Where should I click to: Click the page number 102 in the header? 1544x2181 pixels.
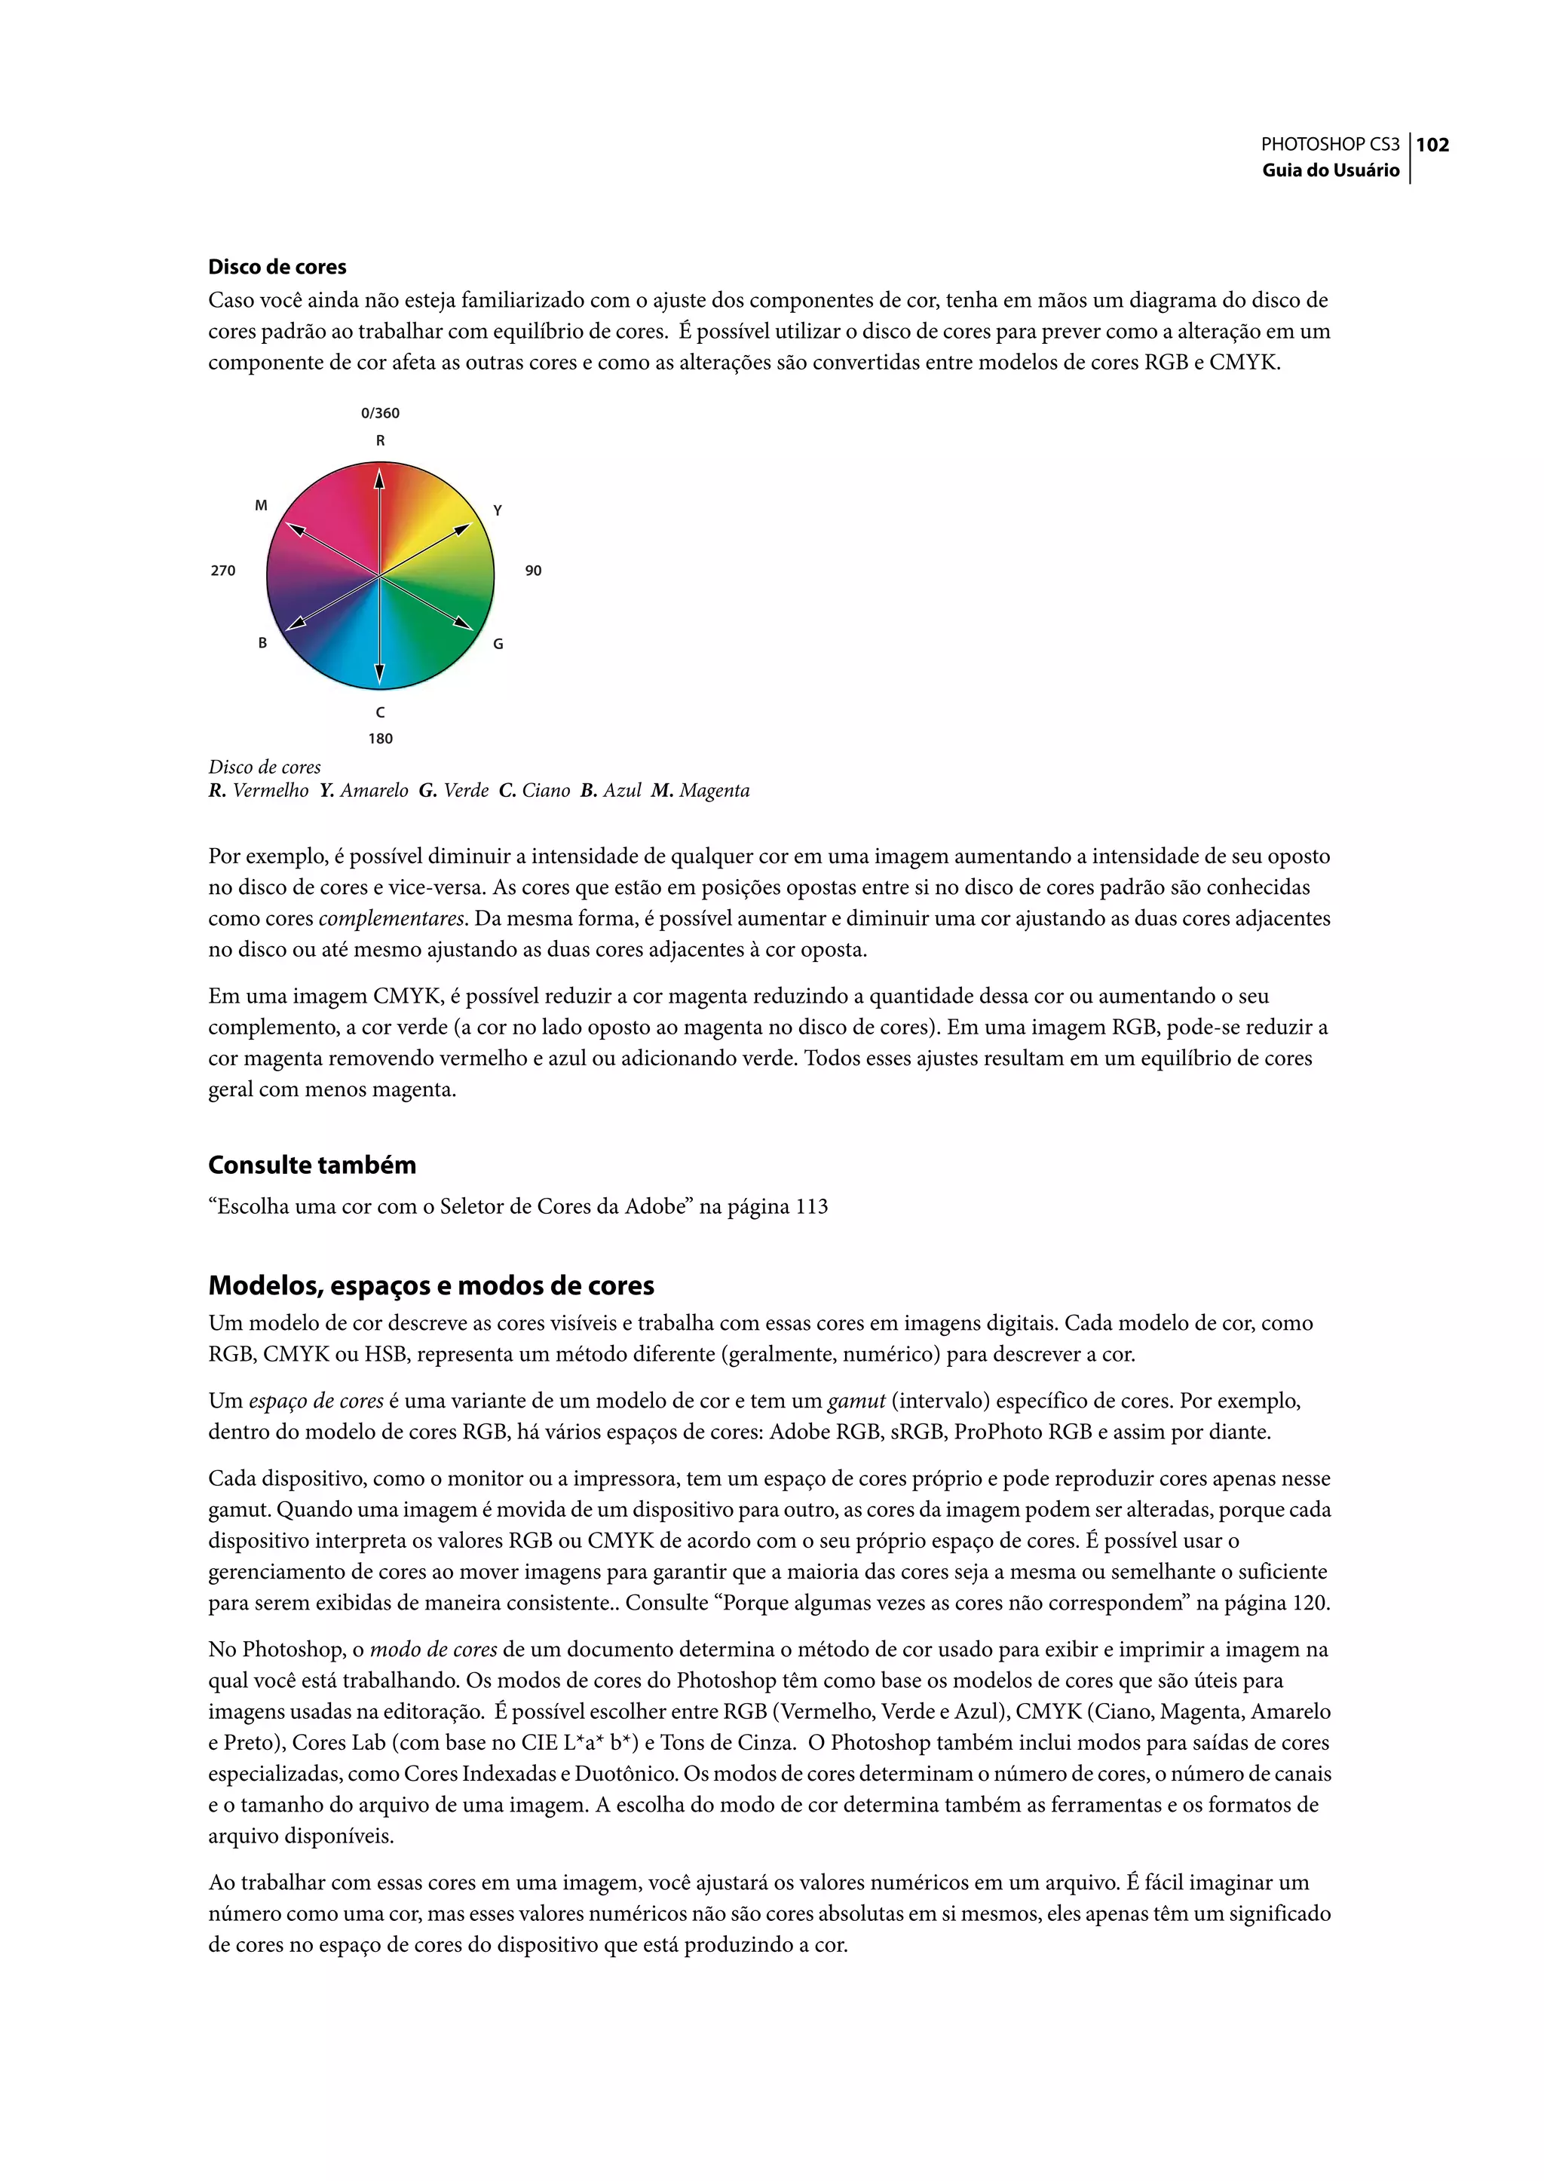(1432, 145)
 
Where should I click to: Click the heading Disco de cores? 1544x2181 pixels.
(277, 267)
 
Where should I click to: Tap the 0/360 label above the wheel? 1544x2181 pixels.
(380, 412)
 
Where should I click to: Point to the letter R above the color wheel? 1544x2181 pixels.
(380, 440)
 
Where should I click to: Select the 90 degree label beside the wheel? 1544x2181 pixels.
(533, 571)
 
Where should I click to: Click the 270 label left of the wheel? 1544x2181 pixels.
(222, 571)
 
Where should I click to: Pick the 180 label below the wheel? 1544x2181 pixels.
(380, 739)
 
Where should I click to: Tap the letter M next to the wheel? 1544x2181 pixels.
(262, 506)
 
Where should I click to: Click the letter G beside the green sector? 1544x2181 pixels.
(498, 644)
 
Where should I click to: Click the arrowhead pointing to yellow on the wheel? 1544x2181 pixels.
(463, 528)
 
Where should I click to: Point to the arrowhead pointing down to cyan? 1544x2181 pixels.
(379, 675)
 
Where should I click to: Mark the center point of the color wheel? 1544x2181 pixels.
(379, 576)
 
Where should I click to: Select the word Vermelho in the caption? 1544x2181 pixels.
(270, 791)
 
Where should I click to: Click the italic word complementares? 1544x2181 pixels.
(391, 919)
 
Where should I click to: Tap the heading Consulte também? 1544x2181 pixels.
(312, 1166)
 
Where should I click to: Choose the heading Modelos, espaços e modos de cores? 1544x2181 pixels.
(430, 1286)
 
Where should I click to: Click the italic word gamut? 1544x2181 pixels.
(856, 1401)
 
